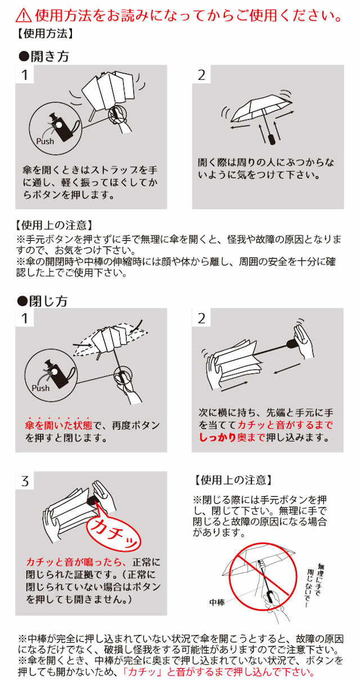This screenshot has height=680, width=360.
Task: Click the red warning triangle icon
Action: point(24,15)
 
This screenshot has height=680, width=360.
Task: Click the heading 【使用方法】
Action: point(44,33)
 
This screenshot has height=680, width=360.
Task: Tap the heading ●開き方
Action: point(44,56)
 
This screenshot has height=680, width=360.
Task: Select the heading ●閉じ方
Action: point(43,301)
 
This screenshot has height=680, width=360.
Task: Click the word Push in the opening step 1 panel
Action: point(45,141)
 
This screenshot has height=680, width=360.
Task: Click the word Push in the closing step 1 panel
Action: point(40,388)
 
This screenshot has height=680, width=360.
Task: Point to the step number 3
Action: point(25,481)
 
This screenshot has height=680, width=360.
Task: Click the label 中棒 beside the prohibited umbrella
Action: point(217,602)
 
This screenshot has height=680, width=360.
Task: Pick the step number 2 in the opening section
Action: point(201,75)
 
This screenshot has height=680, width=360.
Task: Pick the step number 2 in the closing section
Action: point(201,318)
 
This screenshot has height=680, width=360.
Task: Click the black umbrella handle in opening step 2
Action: point(272,138)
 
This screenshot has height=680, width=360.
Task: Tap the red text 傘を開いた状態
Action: point(58,426)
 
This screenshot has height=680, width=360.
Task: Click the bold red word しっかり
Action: point(217,438)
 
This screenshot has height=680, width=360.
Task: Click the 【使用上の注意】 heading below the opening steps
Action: point(53,225)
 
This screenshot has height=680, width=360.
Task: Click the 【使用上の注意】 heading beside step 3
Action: point(232,480)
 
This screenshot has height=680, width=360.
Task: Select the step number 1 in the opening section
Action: point(25,75)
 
